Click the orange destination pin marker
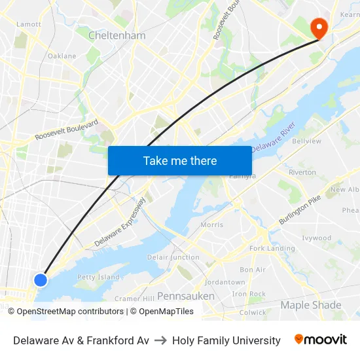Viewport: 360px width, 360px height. (319, 27)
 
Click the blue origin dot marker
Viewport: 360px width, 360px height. (41, 279)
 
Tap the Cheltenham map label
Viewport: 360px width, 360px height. (117, 35)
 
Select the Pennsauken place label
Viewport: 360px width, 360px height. (186, 296)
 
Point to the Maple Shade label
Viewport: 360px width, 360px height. (311, 305)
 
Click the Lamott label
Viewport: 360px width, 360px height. (29, 24)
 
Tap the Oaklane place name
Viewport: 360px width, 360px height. (62, 56)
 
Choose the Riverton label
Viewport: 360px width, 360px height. (302, 172)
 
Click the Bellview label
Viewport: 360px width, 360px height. (306, 141)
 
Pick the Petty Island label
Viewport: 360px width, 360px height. (98, 277)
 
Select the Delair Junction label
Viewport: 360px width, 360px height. (173, 257)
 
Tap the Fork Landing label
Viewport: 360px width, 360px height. (272, 249)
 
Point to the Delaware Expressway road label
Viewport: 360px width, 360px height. (120, 223)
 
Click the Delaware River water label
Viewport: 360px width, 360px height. (274, 137)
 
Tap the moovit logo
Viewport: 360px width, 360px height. (321, 340)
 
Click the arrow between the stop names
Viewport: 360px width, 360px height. (160, 340)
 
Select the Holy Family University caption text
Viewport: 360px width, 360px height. (226, 340)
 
